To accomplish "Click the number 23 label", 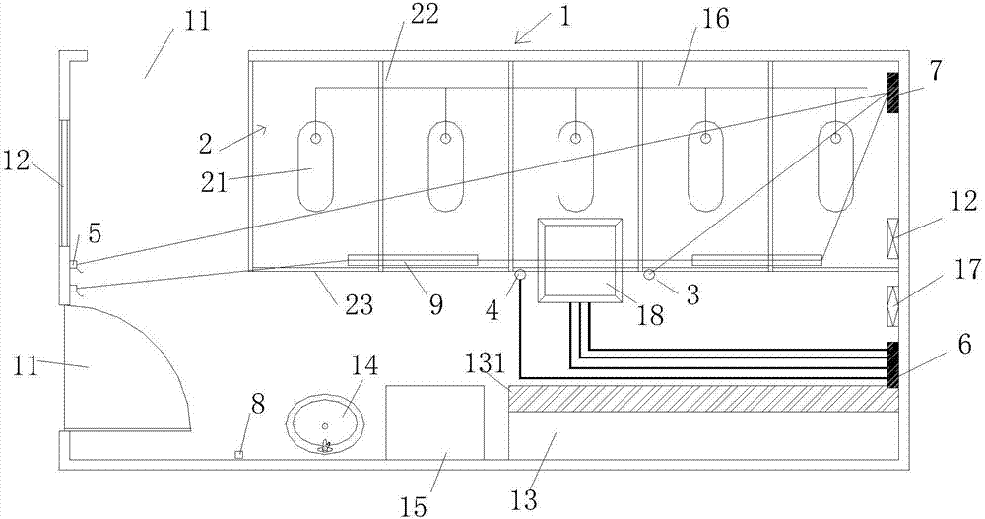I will tap(359, 304).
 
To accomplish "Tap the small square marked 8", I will tap(238, 454).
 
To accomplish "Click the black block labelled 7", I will tap(892, 93).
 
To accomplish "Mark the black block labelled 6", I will tap(892, 363).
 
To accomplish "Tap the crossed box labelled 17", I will tap(892, 303).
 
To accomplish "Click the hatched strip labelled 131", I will tap(703, 399).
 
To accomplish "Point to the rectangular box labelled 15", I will tap(434, 422).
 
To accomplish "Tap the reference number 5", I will tap(94, 233).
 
